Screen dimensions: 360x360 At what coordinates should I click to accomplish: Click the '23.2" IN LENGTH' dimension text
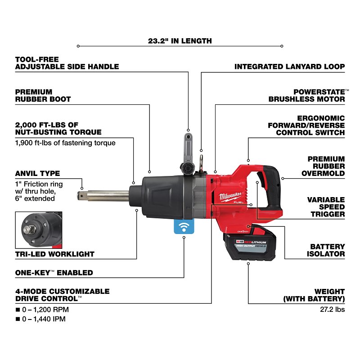(180, 40)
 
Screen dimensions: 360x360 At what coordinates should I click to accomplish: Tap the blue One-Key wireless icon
(184, 227)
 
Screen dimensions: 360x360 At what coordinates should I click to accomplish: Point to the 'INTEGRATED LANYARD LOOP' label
(290, 67)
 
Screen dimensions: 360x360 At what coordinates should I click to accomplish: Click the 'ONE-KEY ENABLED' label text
(54, 272)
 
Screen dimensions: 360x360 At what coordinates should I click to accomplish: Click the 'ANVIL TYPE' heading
(37, 173)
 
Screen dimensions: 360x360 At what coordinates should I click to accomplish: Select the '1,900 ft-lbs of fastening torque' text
(65, 143)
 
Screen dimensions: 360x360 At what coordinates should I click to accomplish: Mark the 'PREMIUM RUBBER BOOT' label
(43, 95)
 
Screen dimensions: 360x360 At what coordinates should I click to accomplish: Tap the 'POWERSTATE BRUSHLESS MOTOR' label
(307, 95)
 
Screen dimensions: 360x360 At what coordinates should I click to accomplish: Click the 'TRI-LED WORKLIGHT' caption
(54, 254)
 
